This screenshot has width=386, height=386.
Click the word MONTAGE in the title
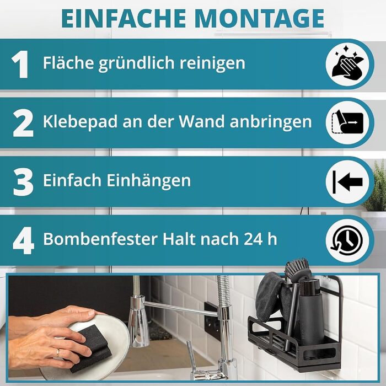[260, 19]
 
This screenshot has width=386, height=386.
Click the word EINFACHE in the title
[124, 19]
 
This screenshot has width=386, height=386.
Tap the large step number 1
[20, 65]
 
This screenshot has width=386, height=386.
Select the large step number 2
[23, 123]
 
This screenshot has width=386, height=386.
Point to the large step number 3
[23, 182]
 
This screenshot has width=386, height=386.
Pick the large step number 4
[23, 241]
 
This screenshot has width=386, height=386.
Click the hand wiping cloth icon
[347, 64]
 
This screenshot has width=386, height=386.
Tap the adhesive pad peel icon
[347, 122]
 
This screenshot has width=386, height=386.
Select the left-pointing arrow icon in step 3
[347, 182]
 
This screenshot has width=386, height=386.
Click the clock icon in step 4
[347, 240]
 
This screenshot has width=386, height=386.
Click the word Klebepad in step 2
[81, 122]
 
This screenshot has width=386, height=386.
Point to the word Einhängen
[148, 180]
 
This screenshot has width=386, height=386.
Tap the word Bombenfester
[100, 239]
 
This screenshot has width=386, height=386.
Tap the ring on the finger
[57, 353]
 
